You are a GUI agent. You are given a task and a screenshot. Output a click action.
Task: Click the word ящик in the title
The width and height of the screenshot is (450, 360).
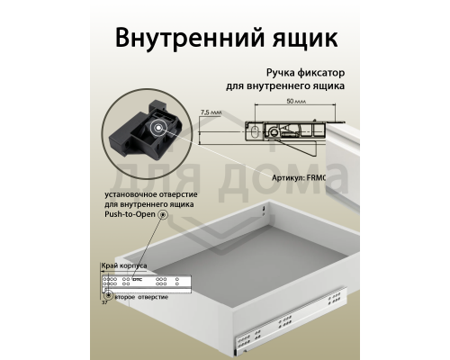[298, 40]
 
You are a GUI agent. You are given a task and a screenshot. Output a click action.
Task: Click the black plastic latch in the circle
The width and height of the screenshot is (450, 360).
[148, 134]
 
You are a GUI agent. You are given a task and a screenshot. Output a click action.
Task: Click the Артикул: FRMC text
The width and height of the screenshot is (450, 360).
[317, 178]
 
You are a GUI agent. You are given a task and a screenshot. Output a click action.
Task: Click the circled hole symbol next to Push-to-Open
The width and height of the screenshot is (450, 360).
[162, 217]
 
